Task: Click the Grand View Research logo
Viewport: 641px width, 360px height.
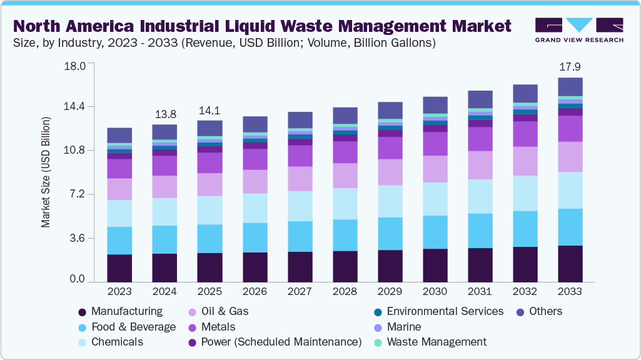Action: tap(579, 30)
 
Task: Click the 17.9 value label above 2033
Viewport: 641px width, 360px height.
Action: tap(570, 66)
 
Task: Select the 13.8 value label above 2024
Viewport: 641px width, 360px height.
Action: tap(164, 114)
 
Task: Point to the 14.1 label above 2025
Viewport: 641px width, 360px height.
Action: tap(209, 111)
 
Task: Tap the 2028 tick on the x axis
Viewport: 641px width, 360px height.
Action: tap(345, 292)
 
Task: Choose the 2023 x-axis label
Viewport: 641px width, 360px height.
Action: tap(119, 292)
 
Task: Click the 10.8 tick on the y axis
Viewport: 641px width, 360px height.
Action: tap(74, 151)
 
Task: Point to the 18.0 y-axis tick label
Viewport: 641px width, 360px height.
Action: tap(74, 66)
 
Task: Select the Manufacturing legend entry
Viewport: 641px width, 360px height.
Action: tap(126, 311)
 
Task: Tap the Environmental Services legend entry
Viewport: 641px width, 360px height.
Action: tap(445, 311)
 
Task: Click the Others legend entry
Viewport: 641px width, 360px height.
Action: tap(545, 311)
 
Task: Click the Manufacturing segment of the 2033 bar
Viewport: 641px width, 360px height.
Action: tap(570, 264)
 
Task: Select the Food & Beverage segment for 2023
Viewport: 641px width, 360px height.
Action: tap(119, 241)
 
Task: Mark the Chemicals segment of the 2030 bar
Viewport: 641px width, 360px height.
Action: tap(435, 199)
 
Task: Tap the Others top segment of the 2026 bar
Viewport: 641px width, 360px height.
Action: tap(255, 124)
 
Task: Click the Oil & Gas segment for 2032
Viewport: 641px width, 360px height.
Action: tap(525, 161)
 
